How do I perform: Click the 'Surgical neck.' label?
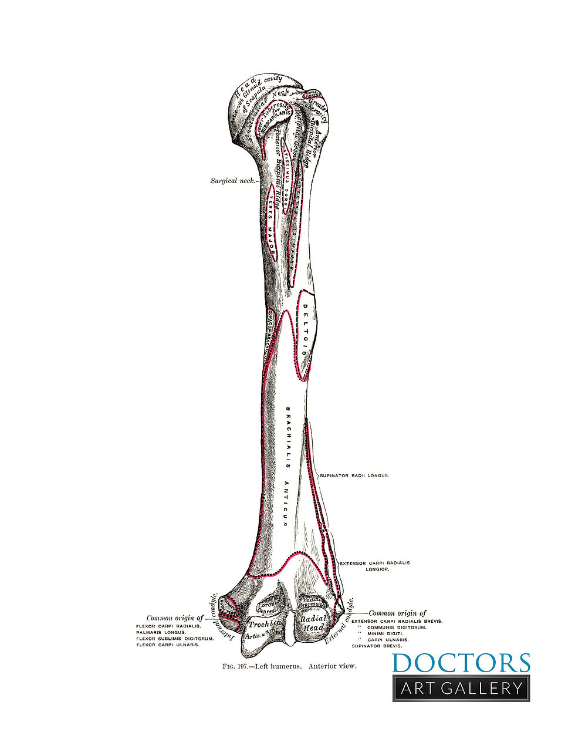233,181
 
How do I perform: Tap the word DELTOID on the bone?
305,331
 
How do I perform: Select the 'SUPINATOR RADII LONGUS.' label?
354,475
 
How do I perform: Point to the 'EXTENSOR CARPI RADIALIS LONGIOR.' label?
375,566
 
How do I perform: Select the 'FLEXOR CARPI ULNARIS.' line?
168,645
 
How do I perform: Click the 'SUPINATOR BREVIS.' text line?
377,646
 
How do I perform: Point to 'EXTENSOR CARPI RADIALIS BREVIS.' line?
397,620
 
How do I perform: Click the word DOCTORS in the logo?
461,663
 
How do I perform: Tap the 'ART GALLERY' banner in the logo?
461,688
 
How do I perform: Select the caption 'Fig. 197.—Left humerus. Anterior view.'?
289,666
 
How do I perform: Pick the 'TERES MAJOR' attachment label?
271,221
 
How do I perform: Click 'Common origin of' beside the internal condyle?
175,618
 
